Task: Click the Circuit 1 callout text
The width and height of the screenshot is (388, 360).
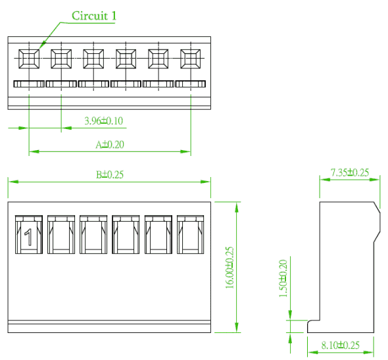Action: [94, 16]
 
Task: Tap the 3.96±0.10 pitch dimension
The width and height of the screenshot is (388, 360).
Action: [104, 121]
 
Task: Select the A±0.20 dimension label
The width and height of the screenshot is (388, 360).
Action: [110, 145]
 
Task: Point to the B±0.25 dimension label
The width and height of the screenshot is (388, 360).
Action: [110, 174]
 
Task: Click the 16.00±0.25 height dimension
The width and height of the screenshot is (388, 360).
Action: [230, 267]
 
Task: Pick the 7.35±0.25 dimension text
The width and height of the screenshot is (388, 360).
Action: [350, 172]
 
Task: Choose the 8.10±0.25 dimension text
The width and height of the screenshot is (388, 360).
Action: [340, 345]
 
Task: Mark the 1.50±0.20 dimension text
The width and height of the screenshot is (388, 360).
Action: [283, 278]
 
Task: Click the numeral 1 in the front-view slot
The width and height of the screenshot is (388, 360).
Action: [28, 237]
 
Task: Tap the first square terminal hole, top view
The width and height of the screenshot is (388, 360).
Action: [29, 59]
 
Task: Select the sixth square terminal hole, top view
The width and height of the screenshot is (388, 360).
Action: [191, 59]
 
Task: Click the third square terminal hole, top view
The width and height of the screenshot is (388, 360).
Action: [93, 59]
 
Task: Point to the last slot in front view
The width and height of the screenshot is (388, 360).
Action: [190, 234]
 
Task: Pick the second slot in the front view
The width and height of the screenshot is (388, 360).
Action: [61, 234]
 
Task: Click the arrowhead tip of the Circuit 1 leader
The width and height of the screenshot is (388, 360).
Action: [39, 49]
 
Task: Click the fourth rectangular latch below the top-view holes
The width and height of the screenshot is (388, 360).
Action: [126, 84]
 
